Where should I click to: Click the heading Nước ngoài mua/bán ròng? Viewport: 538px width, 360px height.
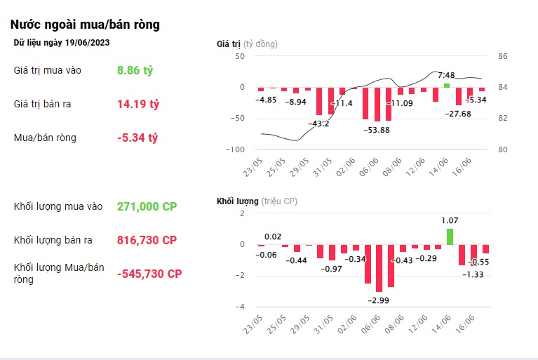tap(85, 25)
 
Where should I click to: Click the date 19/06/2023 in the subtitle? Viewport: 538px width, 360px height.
tap(87, 43)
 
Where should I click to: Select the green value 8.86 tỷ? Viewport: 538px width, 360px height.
tap(135, 70)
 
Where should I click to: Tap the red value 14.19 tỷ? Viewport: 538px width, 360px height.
tap(138, 104)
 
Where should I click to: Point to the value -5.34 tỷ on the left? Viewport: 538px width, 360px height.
tap(137, 138)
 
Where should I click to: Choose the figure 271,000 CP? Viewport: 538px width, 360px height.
tap(147, 206)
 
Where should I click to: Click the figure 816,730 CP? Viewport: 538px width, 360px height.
tap(147, 240)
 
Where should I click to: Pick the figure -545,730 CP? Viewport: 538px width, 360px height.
tap(149, 274)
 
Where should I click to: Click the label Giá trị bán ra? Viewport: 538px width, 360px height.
tap(42, 104)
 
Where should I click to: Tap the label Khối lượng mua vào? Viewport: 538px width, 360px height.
tap(58, 206)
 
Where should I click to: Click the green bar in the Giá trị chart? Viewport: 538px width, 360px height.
tap(446, 86)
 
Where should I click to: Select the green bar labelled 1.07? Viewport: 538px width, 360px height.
tap(450, 236)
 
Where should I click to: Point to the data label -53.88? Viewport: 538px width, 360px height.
tap(377, 130)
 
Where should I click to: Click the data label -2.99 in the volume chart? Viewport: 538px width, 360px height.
tap(378, 300)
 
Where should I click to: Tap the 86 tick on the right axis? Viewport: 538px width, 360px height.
tap(503, 56)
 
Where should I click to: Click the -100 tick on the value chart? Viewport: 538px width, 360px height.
tap(236, 149)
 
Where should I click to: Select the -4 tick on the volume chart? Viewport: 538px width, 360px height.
tap(240, 307)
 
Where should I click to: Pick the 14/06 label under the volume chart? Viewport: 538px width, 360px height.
tap(441, 324)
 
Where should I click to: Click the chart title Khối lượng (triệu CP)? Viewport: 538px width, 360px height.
tap(257, 201)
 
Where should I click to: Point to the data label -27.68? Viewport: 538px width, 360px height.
tap(458, 114)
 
